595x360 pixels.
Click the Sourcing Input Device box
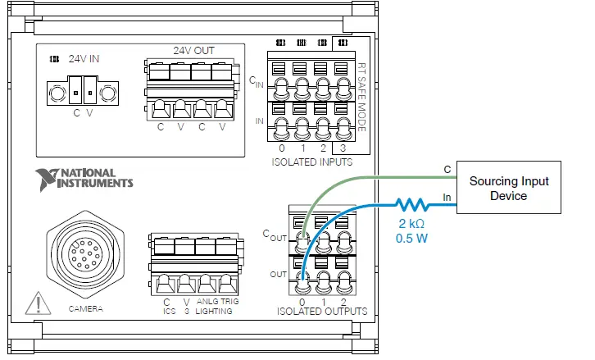click(508, 189)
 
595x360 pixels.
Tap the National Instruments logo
click(84, 178)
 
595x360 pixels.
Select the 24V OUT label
click(193, 50)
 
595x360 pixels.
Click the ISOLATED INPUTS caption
click(311, 162)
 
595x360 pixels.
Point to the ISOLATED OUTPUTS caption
click(321, 311)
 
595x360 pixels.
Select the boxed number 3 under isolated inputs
click(343, 148)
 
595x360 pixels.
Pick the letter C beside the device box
click(447, 170)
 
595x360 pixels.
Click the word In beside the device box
click(447, 196)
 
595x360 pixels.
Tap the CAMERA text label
click(85, 308)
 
